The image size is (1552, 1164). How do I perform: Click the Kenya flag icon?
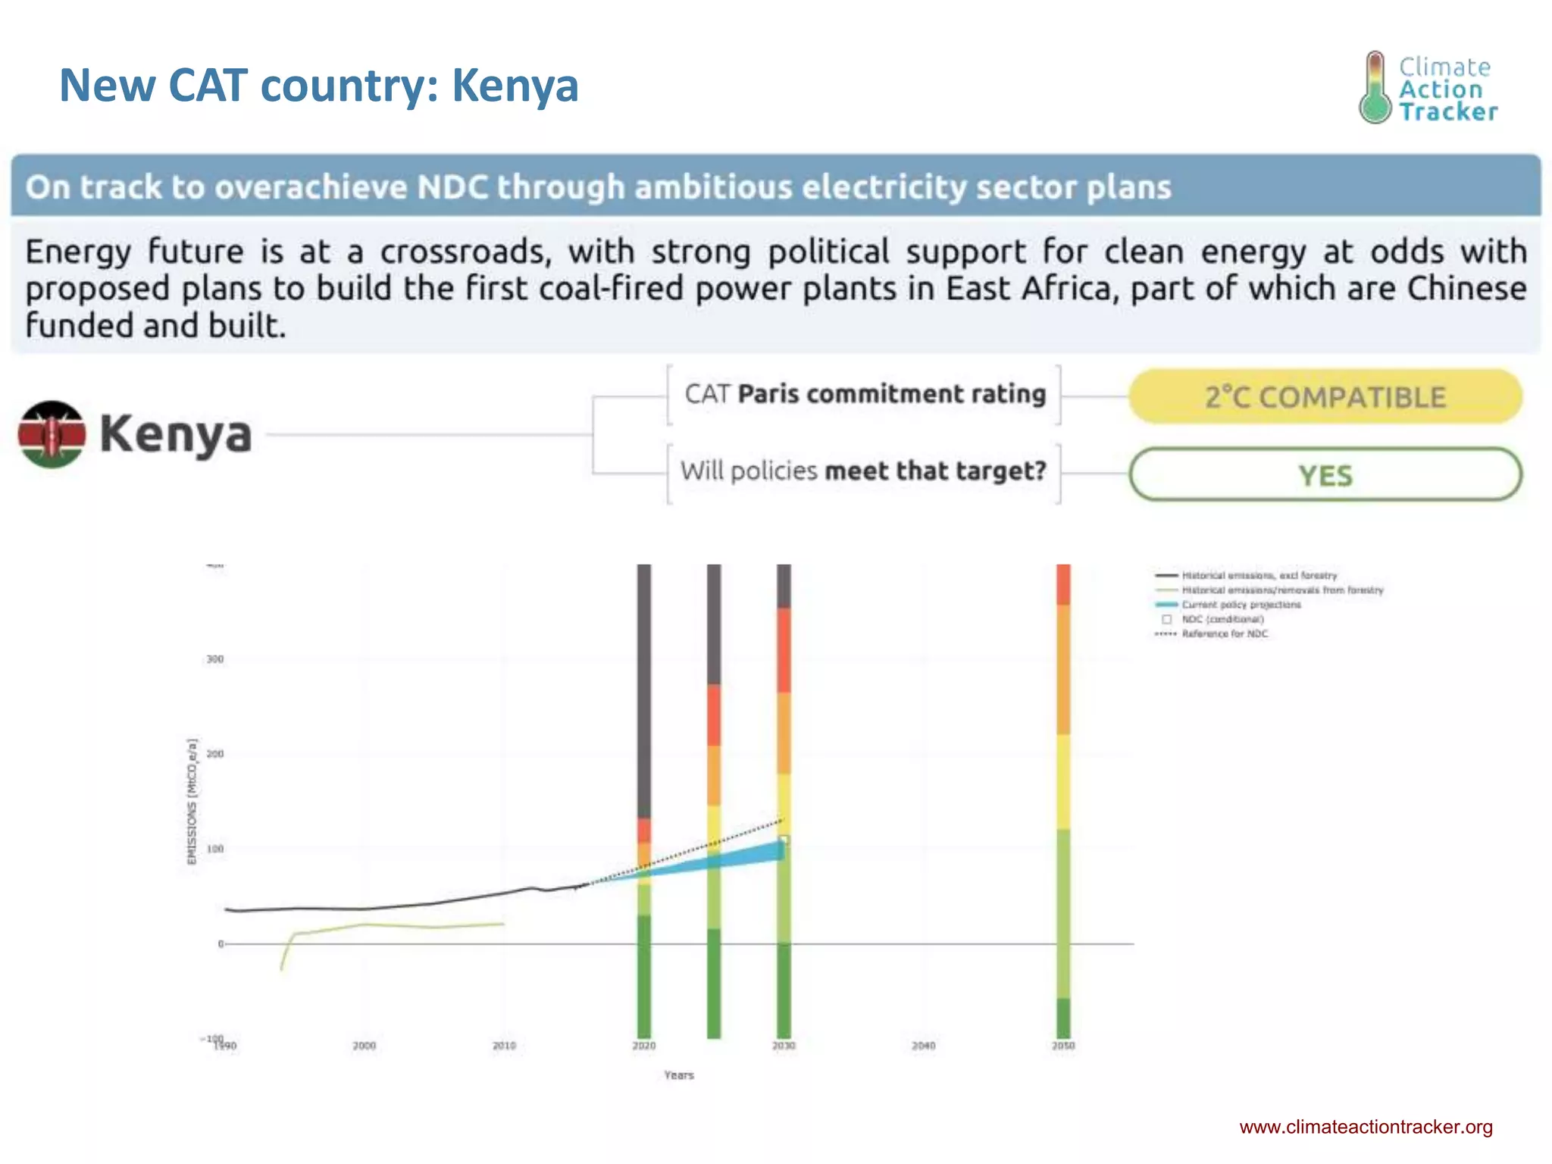pos(52,434)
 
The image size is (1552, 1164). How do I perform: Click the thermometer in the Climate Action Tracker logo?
pos(1375,88)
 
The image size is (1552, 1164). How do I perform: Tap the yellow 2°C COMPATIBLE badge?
pos(1325,397)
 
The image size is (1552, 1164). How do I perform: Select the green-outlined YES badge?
pos(1325,475)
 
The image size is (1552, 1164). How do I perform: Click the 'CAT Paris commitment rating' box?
pos(864,395)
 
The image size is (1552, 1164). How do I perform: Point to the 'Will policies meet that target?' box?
pos(863,471)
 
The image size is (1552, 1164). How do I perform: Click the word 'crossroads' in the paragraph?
pos(465,252)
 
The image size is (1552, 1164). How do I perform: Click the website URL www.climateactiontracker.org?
pos(1366,1127)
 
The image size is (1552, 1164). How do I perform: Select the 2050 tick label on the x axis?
pos(1062,1046)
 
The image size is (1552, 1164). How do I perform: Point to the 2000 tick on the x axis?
pos(364,1046)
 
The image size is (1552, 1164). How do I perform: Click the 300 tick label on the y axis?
pos(215,659)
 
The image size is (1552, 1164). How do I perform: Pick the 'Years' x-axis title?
pos(678,1075)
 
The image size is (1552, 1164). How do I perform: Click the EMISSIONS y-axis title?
pos(192,800)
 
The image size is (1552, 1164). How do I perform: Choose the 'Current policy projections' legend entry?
pos(1241,605)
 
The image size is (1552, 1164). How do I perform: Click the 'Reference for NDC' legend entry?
pos(1224,634)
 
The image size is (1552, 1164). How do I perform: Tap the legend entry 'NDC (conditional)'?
pos(1222,619)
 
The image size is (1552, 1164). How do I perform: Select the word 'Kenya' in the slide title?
pos(515,86)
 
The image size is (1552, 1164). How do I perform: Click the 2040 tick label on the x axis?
pos(923,1046)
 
